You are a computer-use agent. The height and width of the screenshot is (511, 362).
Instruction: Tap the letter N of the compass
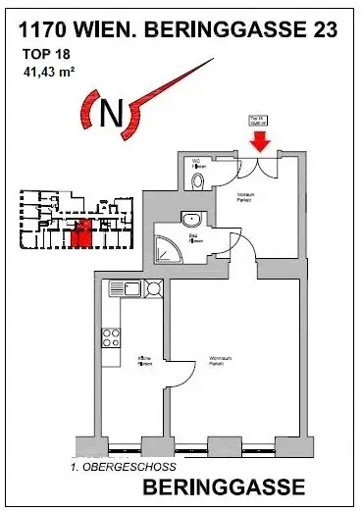(x=112, y=113)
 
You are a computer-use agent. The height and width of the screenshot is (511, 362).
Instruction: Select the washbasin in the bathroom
(x=188, y=220)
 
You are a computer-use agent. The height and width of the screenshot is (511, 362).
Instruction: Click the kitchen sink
(x=153, y=288)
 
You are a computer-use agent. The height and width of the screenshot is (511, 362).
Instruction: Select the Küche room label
(x=143, y=359)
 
